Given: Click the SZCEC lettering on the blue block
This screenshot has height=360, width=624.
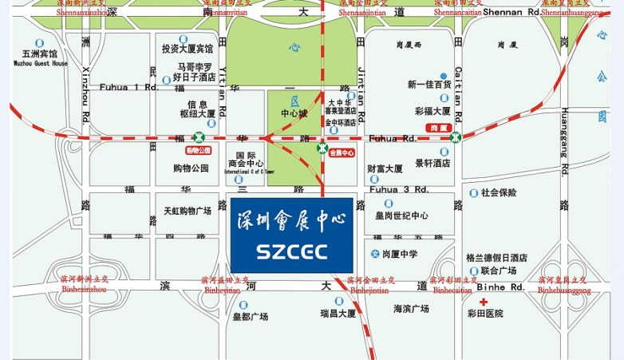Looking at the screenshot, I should (292, 251).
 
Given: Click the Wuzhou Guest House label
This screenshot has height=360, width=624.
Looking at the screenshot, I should (39, 63).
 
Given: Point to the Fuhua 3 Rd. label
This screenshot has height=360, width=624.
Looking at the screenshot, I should (398, 189).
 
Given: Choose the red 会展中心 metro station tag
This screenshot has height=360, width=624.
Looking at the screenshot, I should (342, 152).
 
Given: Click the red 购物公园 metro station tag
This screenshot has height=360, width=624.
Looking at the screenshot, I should (199, 150).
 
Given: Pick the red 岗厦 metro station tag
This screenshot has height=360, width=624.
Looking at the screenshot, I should (440, 128).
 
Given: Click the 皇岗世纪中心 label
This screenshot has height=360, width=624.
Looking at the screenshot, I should (402, 216).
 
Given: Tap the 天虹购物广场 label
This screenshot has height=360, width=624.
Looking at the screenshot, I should (188, 211).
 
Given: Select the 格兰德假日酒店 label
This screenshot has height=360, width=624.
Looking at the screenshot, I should (496, 258).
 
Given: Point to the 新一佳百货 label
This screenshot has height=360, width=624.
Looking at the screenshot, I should (429, 85).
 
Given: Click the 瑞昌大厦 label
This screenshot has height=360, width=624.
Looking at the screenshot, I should (338, 313).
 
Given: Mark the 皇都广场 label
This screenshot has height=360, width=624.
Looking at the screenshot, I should (251, 316).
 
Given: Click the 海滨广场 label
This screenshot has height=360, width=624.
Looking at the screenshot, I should (411, 308).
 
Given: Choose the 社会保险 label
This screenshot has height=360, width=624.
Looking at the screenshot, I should (499, 192).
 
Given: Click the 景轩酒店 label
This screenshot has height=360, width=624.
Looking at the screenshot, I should (432, 163).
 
